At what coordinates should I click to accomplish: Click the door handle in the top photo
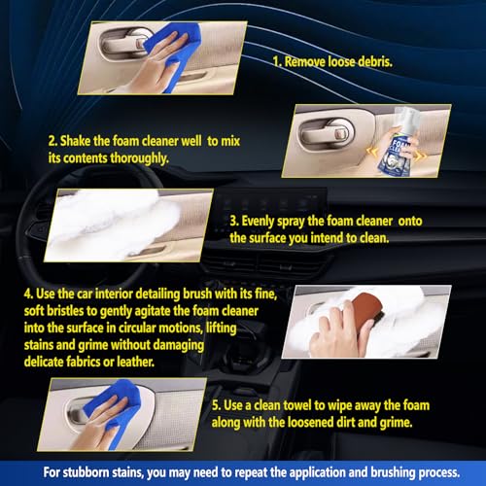(122, 45)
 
